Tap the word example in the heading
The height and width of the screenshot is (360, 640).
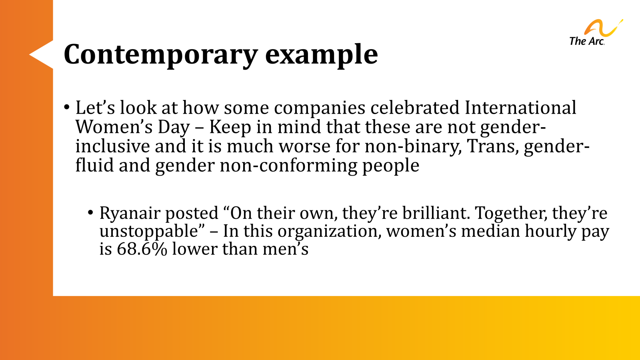[x=321, y=55]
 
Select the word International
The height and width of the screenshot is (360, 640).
[x=520, y=108]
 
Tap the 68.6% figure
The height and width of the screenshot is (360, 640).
[x=142, y=249]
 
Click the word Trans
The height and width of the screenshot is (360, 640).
[x=493, y=146]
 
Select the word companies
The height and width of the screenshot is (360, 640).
[x=320, y=108]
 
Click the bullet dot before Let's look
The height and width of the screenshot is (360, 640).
[x=67, y=108]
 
